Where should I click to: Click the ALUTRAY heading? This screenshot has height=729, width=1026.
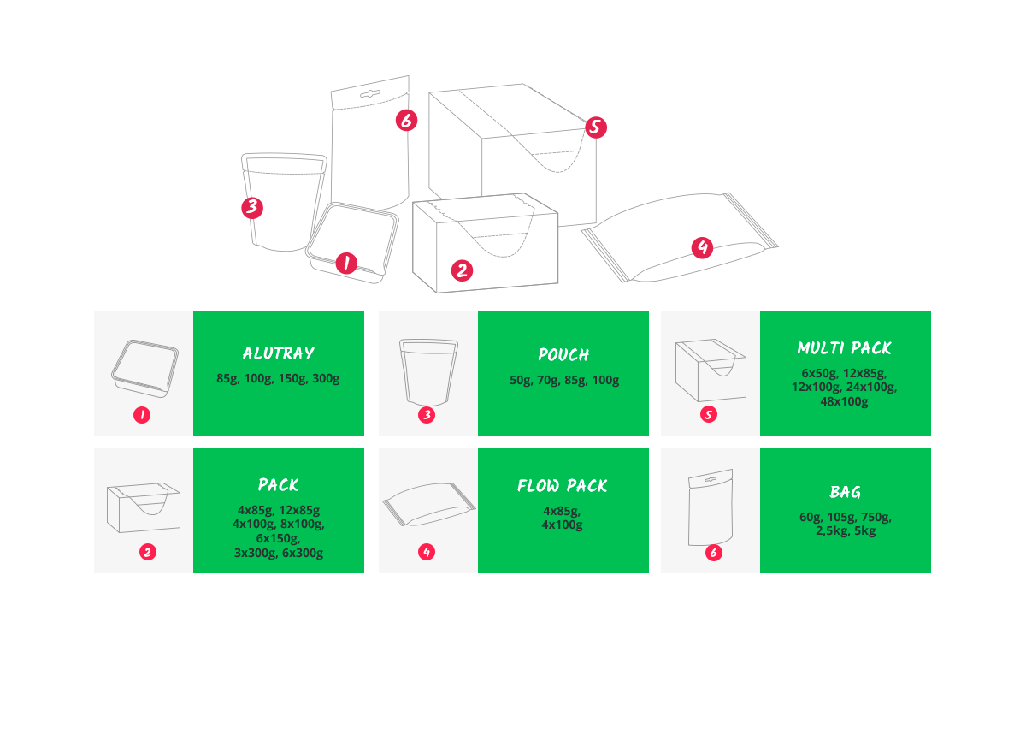click(279, 353)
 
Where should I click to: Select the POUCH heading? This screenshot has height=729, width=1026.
click(563, 354)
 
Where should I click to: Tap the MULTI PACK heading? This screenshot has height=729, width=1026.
click(845, 348)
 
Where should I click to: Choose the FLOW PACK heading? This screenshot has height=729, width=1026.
click(563, 485)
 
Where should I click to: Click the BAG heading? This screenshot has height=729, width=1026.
click(845, 492)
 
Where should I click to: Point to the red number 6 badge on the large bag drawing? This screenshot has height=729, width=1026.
click(406, 120)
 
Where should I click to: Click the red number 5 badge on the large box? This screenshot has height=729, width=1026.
click(595, 127)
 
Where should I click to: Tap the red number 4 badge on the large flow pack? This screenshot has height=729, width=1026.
click(702, 247)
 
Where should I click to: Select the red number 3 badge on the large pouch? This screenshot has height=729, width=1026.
click(252, 208)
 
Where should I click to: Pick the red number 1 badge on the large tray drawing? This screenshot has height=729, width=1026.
click(346, 264)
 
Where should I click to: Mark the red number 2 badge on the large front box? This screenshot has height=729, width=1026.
click(462, 270)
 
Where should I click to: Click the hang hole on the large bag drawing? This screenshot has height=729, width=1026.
click(370, 94)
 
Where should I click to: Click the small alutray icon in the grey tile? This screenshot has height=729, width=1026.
click(144, 368)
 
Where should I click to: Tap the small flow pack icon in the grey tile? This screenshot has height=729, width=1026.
click(429, 504)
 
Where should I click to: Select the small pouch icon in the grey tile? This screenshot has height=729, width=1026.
click(428, 372)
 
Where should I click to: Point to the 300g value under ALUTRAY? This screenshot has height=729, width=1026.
click(326, 379)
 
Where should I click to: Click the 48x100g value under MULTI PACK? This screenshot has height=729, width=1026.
click(844, 401)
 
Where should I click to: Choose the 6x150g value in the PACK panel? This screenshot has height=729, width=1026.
click(278, 538)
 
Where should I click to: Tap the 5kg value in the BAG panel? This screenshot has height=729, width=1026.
click(864, 531)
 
